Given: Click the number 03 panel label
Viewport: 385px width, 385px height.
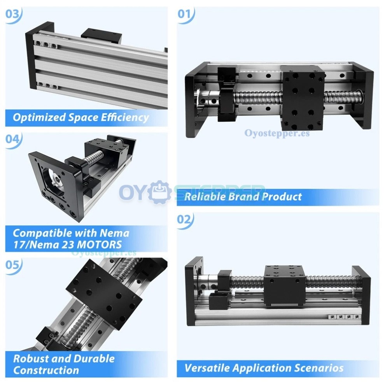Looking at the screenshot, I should click(13, 14).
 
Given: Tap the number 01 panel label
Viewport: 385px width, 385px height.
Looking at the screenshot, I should click(186, 14).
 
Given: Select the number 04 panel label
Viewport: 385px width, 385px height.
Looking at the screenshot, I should click(13, 139).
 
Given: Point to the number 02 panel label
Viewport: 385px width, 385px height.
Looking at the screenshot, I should click(185, 219).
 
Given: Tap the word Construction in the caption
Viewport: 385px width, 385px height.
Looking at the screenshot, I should click(46, 370).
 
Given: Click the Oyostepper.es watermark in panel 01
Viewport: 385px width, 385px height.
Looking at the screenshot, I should click(277, 133).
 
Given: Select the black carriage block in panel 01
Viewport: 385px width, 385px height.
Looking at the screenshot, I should click(302, 98).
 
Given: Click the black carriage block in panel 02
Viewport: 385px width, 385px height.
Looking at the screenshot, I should click(284, 285).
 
